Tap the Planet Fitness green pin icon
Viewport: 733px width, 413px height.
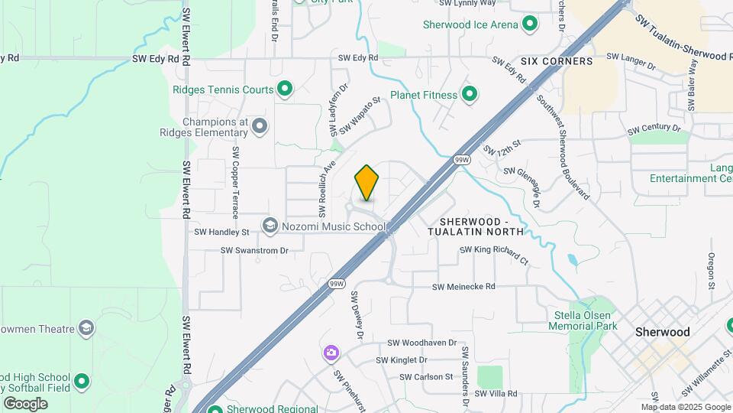pos(470,95)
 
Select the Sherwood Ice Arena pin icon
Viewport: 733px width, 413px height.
pos(529,24)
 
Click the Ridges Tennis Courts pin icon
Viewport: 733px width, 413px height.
pos(285,89)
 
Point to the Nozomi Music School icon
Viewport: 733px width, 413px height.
pos(270,226)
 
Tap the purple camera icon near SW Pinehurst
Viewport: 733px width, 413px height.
pos(331,353)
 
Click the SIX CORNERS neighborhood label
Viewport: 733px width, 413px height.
pos(557,60)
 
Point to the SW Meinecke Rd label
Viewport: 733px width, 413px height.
pos(463,287)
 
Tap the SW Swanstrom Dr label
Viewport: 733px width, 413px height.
pos(254,250)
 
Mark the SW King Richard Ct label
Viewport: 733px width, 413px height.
pos(493,255)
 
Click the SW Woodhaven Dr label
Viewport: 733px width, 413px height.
pos(421,343)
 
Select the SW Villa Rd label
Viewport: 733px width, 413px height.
pos(496,394)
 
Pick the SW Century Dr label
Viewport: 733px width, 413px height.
pos(654,129)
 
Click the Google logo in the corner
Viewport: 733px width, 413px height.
pos(25,403)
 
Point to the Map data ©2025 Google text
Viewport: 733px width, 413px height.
pos(685,407)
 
